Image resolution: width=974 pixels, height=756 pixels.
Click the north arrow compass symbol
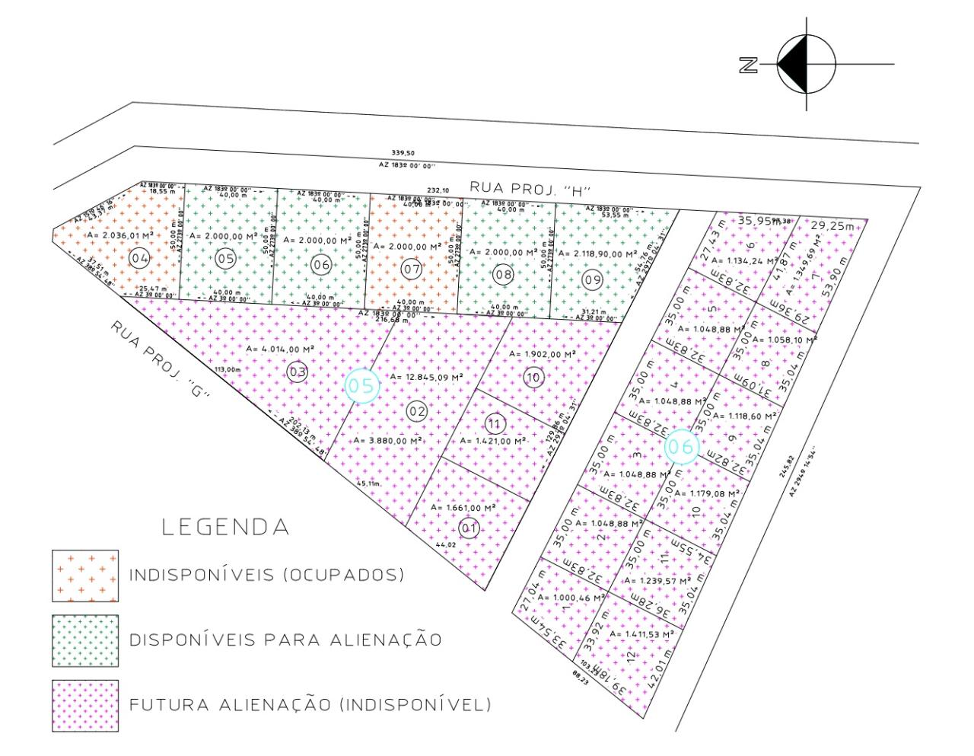[x=806, y=65]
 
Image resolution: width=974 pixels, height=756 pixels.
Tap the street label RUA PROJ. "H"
[x=530, y=187]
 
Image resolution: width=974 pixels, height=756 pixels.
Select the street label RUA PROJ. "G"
[x=160, y=358]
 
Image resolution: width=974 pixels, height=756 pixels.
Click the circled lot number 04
[x=138, y=259]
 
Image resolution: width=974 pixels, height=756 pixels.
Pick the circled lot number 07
[x=412, y=269]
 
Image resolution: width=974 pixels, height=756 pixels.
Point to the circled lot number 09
[x=592, y=280]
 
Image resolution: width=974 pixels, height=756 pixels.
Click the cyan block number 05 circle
[x=362, y=386]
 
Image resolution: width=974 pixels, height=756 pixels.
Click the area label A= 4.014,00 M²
[x=280, y=349]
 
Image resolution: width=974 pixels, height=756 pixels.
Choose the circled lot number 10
[x=533, y=377]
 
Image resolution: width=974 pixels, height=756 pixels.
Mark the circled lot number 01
[x=469, y=528]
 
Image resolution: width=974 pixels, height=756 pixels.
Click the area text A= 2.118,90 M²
[x=598, y=254]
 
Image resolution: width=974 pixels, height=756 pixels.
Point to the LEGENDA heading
[x=226, y=527]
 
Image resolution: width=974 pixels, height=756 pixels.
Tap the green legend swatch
[x=85, y=640]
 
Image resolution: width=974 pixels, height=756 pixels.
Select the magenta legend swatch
[x=85, y=705]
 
